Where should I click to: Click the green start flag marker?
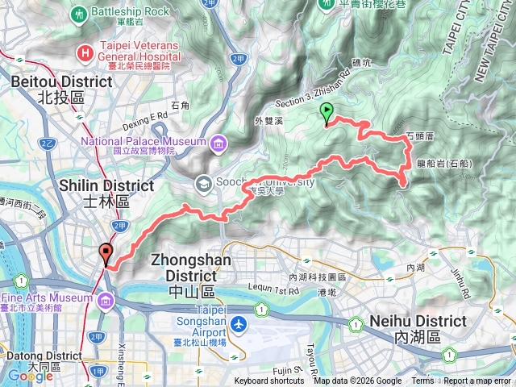(x=327, y=114)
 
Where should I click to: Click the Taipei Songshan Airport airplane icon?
(x=239, y=324)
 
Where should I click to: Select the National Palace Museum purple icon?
(x=218, y=144)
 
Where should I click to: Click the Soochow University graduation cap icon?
(x=202, y=182)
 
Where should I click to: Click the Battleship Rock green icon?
(x=79, y=14)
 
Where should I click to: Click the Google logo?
(x=30, y=376)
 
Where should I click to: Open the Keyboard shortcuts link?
(x=269, y=381)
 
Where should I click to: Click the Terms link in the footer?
(x=422, y=381)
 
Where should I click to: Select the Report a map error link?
(x=478, y=381)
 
